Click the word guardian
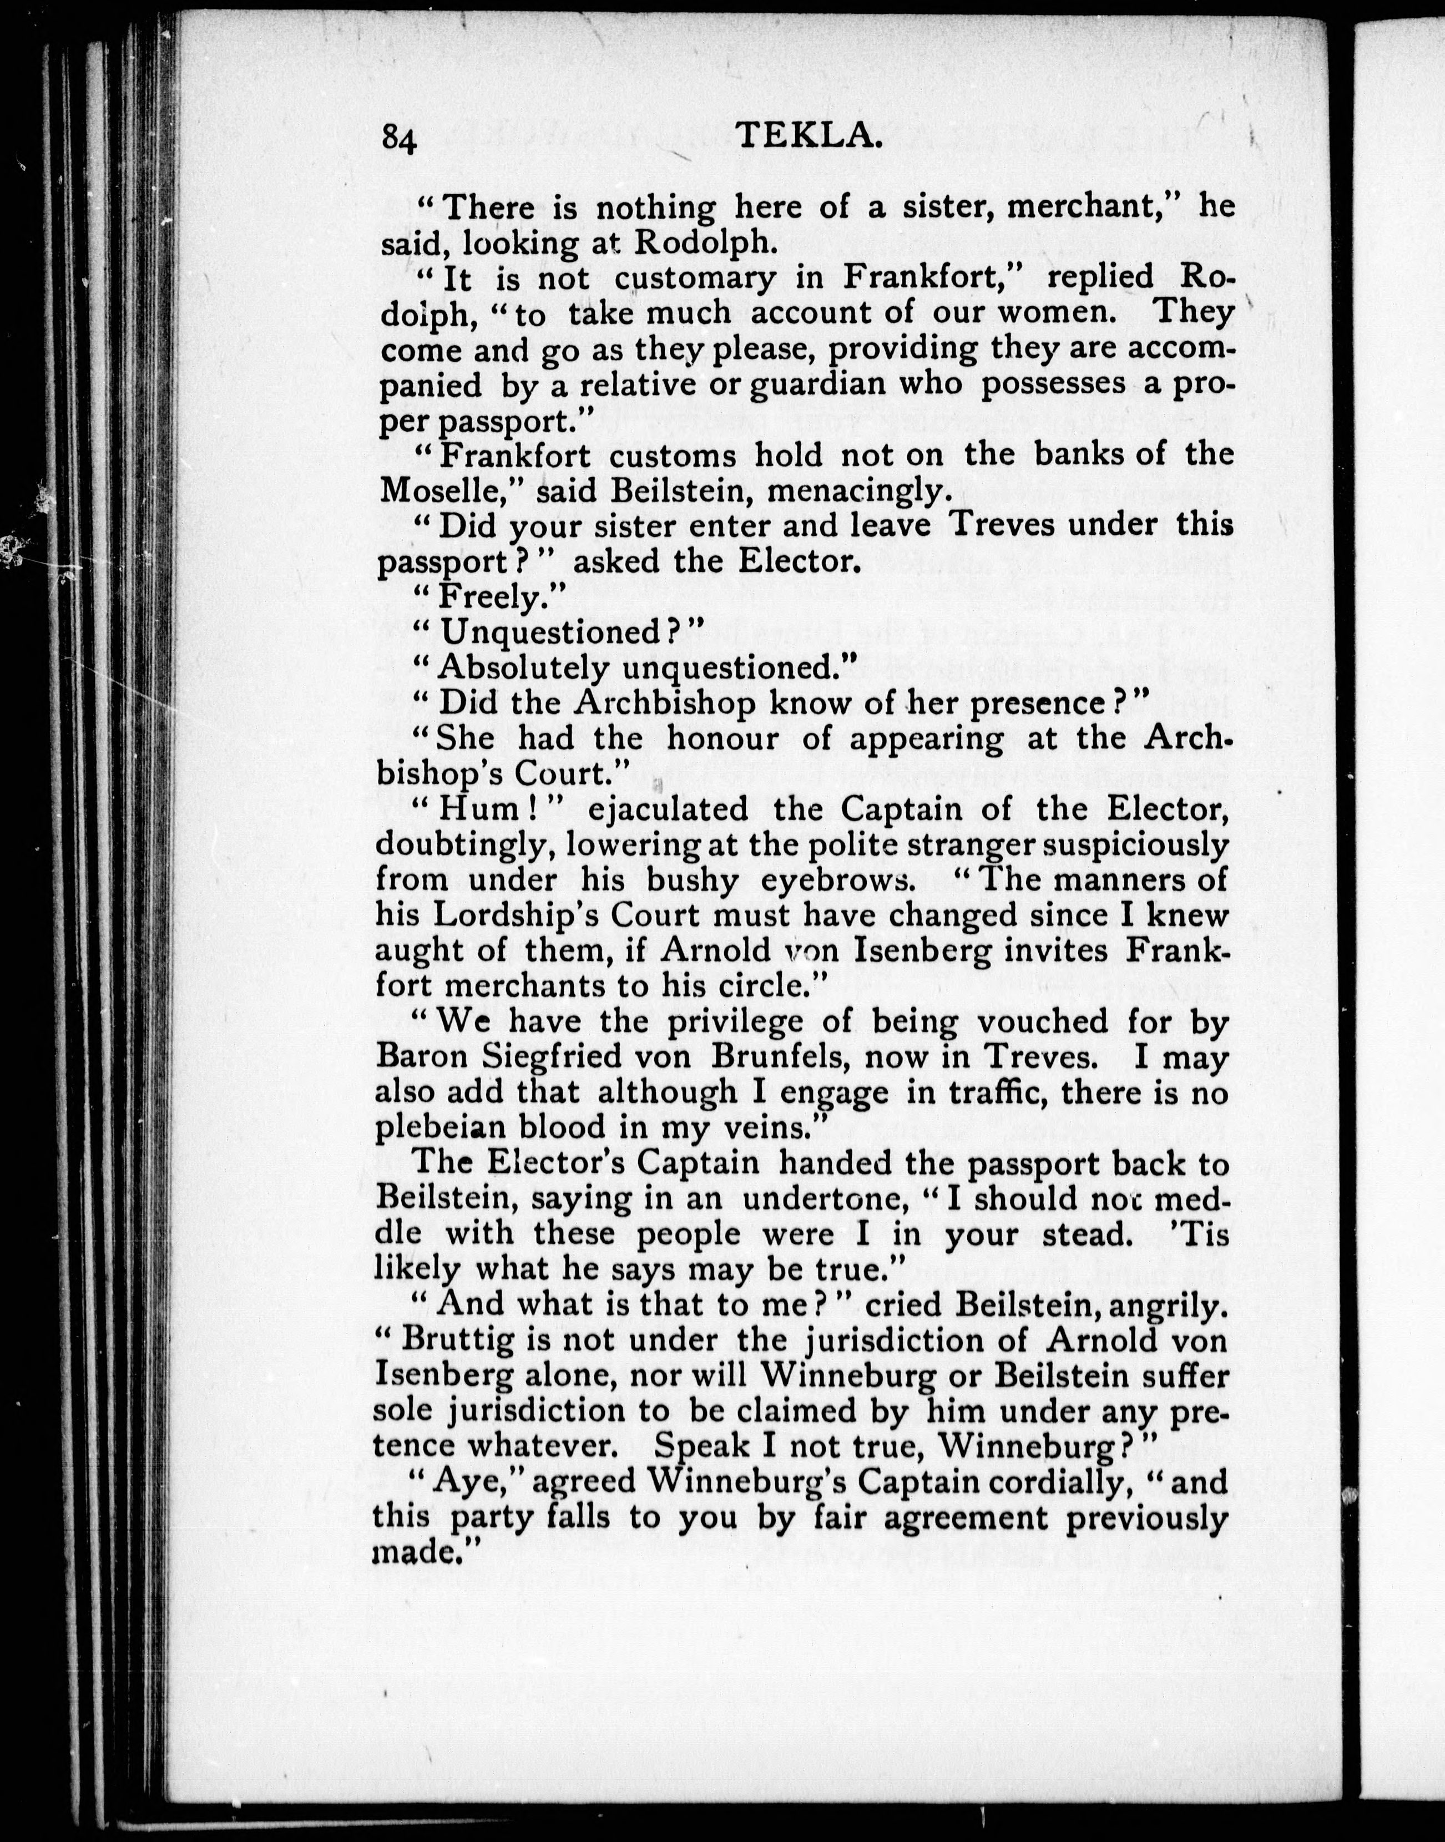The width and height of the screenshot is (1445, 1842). pyautogui.click(x=818, y=384)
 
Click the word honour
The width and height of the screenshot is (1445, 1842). pyautogui.click(x=721, y=738)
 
